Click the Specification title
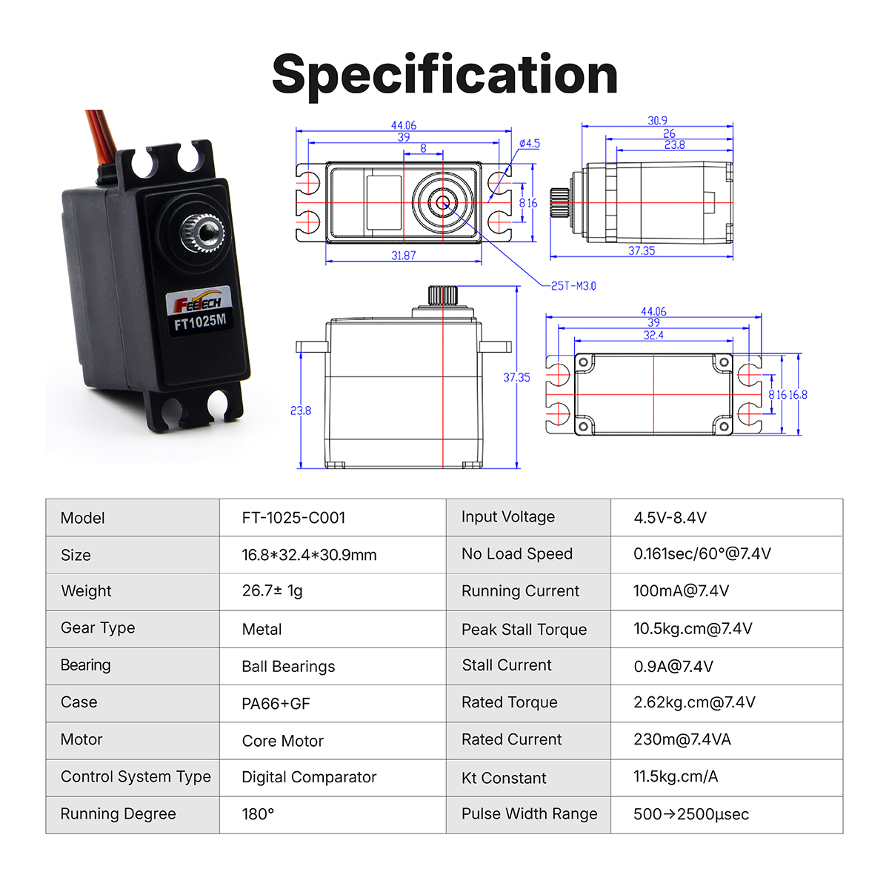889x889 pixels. pyautogui.click(x=444, y=74)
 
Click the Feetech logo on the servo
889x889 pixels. pyautogui.click(x=197, y=302)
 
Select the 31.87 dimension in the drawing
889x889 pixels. pyautogui.click(x=404, y=256)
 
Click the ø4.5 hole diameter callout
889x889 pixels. pyautogui.click(x=530, y=144)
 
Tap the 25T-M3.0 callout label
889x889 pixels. pyautogui.click(x=573, y=286)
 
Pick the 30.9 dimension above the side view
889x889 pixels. pyautogui.click(x=657, y=121)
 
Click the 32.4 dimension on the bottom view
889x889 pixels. pyautogui.click(x=653, y=336)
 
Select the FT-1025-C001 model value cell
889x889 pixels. pyautogui.click(x=293, y=518)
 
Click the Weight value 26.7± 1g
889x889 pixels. pyautogui.click(x=272, y=590)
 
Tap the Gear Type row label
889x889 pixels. pyautogui.click(x=98, y=628)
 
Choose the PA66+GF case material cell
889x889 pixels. pyautogui.click(x=276, y=703)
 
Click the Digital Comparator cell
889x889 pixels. pyautogui.click(x=309, y=777)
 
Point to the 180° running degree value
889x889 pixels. pyautogui.click(x=258, y=814)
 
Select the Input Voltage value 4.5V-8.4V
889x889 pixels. pyautogui.click(x=670, y=518)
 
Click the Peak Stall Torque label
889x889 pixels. pyautogui.click(x=524, y=630)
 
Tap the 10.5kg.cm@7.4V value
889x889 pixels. pyautogui.click(x=693, y=629)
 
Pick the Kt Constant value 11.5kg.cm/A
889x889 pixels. pyautogui.click(x=676, y=776)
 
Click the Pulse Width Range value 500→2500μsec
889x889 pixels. pyautogui.click(x=690, y=814)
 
